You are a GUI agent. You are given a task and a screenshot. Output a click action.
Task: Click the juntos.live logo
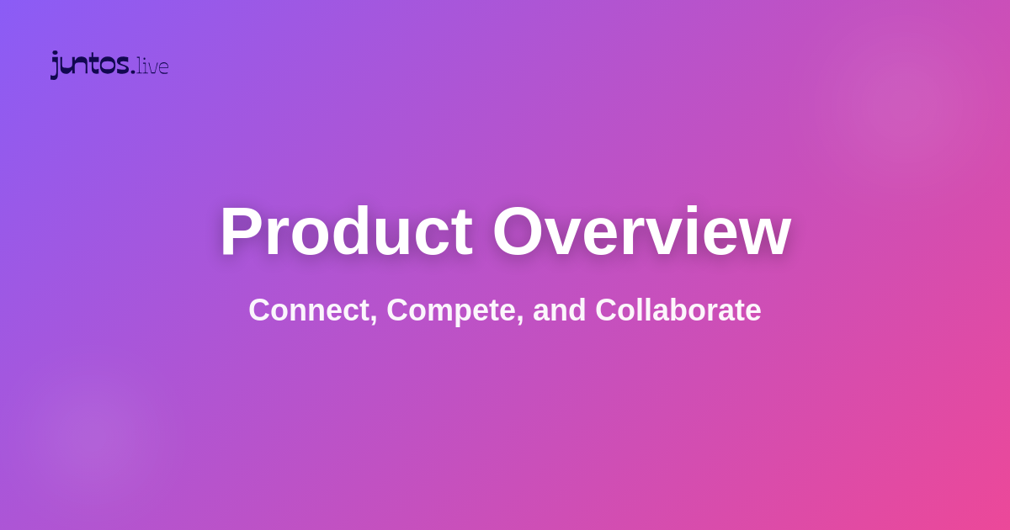(109, 65)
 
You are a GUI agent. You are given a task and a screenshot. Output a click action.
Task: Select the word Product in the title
(346, 231)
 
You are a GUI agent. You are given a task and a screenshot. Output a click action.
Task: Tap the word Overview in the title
(641, 231)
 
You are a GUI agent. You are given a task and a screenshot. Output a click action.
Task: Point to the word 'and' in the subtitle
(560, 310)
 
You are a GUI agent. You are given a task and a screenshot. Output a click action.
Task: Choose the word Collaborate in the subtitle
(678, 310)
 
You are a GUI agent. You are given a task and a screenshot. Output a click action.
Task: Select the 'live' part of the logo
(153, 66)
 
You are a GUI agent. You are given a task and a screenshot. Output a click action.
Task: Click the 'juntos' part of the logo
(89, 65)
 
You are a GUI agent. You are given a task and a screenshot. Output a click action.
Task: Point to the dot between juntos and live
(133, 72)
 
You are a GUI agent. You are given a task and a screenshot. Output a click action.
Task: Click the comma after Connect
(375, 321)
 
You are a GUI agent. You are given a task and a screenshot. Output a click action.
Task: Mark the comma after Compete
(521, 321)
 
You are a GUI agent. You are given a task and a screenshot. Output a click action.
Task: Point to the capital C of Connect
(260, 310)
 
